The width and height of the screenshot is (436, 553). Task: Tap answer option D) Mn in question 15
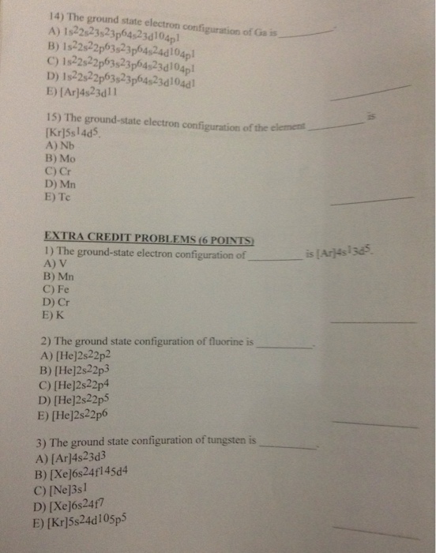click(x=55, y=185)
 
